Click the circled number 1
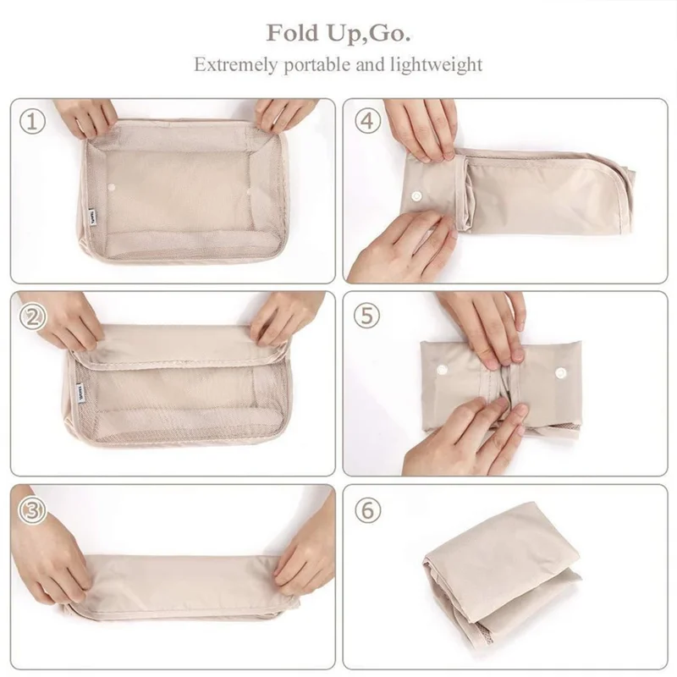[32, 121]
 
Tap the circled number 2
[32, 316]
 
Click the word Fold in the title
[292, 34]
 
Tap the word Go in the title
[392, 34]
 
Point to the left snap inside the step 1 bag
[112, 184]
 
